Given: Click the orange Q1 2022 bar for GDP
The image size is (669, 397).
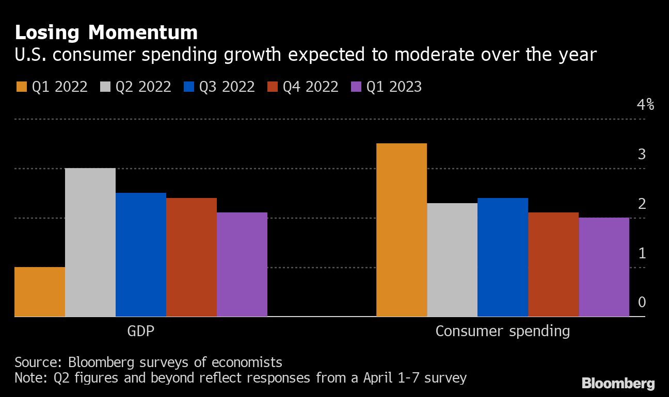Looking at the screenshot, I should point(40,292).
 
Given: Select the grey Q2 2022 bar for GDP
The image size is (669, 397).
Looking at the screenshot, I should point(90,242).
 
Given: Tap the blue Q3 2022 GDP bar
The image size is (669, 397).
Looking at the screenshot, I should point(141,255).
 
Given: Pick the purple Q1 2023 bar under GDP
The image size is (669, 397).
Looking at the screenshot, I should point(242,264).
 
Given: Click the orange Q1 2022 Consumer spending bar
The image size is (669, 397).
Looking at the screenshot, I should point(402,230).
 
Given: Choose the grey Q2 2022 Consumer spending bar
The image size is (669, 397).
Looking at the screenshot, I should point(452,260).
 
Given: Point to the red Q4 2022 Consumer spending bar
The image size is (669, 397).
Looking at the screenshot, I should point(553,264).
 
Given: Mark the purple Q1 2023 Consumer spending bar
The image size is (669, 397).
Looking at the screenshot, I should point(604,267).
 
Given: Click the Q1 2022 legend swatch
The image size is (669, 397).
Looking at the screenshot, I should point(22,87).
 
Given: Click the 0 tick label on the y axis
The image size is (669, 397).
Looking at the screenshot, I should point(642,302).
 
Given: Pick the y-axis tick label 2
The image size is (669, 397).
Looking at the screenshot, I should point(642,204).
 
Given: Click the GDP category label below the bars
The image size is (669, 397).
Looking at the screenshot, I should point(141,330).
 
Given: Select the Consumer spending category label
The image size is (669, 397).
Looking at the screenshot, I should point(503,330).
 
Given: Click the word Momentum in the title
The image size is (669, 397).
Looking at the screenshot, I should point(143,32).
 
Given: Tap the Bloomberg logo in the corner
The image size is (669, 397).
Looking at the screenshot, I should point(618,383).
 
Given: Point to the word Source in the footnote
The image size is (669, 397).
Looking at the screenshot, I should point(38,361).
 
